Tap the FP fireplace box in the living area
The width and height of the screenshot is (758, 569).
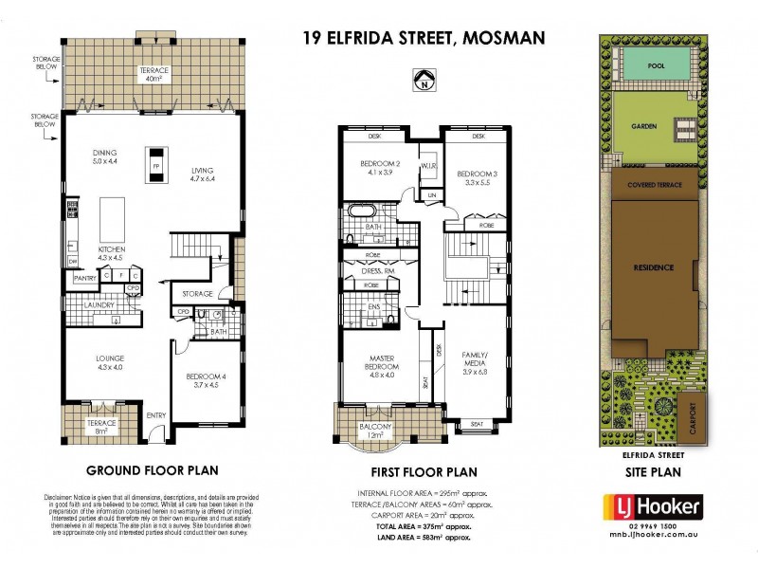[154, 169]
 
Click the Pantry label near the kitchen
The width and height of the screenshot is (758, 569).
[85, 278]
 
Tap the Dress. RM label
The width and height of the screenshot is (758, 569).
[377, 271]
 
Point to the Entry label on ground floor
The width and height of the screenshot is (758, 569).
[155, 414]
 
